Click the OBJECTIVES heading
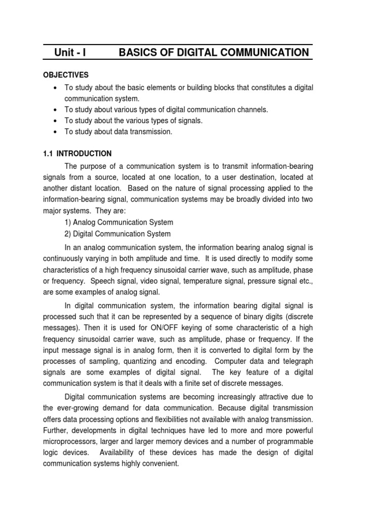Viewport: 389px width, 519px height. (65, 75)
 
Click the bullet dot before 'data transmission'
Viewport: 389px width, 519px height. (55, 132)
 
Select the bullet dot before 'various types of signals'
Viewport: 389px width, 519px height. (55, 121)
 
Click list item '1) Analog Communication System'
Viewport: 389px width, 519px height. (119, 223)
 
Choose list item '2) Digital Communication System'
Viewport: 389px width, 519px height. (118, 234)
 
